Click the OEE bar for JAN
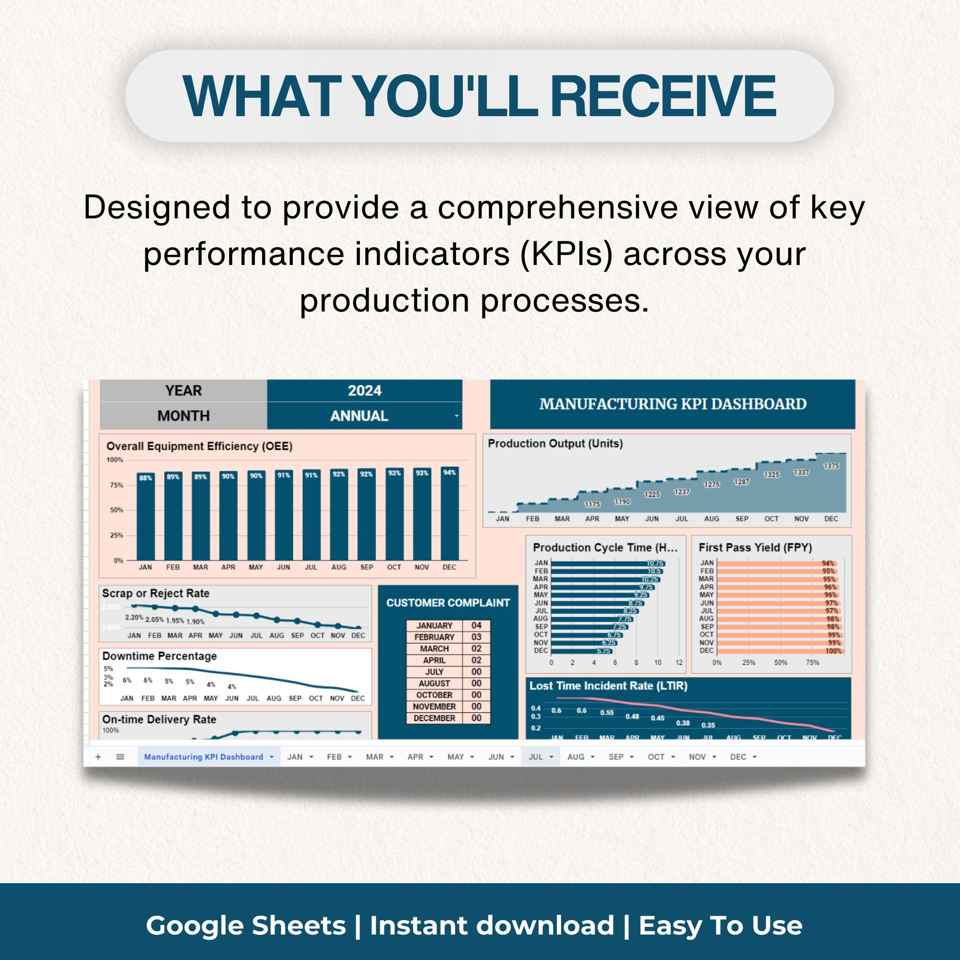click(x=145, y=519)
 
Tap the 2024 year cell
click(x=364, y=391)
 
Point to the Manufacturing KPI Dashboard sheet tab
click(x=203, y=757)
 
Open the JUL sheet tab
click(x=536, y=757)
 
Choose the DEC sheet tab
click(x=738, y=757)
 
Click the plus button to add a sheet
click(x=98, y=757)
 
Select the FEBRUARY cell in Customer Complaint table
click(x=434, y=637)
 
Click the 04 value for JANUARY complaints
click(x=476, y=625)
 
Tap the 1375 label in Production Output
click(x=831, y=466)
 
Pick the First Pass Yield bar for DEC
click(x=778, y=651)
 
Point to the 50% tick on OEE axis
click(x=116, y=510)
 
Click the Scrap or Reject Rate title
click(x=156, y=593)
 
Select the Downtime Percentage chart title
click(x=159, y=656)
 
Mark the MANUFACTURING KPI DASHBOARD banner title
click(x=673, y=404)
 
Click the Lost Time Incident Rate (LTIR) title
click(x=608, y=686)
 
